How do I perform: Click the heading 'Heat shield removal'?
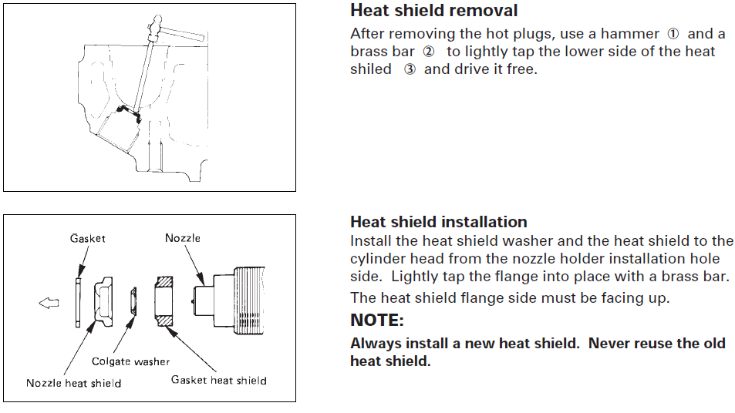tap(433, 11)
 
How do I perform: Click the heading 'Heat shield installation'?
tap(438, 223)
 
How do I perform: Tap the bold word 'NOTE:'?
tap(377, 320)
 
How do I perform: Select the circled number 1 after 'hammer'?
tap(673, 34)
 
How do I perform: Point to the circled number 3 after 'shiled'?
tap(410, 69)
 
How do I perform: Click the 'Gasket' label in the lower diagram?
tap(87, 239)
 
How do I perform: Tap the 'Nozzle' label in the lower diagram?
tap(183, 238)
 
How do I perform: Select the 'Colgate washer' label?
tap(130, 361)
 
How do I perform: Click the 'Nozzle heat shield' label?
tap(73, 383)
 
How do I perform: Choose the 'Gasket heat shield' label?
tap(218, 380)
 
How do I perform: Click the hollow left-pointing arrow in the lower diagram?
tap(49, 304)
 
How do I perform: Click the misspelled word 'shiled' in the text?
tap(371, 69)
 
